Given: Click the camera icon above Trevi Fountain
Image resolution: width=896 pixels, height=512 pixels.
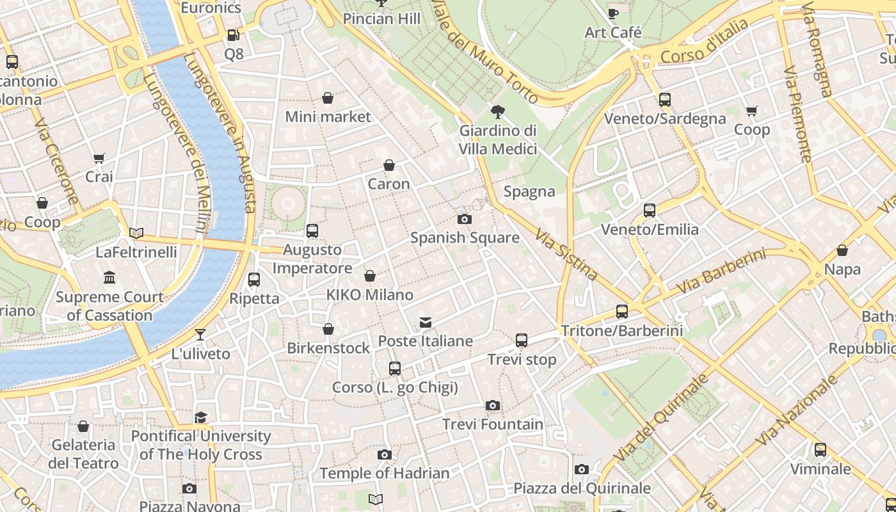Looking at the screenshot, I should point(492,405).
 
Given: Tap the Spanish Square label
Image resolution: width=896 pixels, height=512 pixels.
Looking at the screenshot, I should point(465,238).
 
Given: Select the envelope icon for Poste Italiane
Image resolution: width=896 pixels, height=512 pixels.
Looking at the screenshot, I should point(426,323).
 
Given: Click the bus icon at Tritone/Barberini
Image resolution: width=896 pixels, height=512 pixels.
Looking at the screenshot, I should point(622,312).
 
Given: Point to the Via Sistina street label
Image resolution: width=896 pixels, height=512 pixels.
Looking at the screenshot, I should point(566,254).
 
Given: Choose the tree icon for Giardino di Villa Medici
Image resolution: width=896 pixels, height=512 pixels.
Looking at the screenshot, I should point(497,112).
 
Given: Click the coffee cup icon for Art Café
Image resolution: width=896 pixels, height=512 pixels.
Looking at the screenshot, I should point(612,13).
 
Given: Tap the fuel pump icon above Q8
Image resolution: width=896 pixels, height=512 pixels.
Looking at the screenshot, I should point(234,35).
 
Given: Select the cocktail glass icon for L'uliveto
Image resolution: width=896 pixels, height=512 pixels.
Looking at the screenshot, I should point(200,335).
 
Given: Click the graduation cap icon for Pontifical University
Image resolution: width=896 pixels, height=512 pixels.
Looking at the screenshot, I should point(201,417).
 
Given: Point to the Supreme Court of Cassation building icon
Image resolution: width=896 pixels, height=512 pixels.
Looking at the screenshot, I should point(109,278).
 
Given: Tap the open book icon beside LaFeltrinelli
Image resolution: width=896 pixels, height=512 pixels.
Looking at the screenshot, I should point(136,233).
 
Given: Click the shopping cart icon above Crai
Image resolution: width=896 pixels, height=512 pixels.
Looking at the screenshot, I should point(99,158).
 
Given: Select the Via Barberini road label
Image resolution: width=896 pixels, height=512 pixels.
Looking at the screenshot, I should point(720,272).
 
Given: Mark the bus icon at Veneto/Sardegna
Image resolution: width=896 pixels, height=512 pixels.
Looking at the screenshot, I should point(665,100).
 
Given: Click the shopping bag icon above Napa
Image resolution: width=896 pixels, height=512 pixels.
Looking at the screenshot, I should point(842,250).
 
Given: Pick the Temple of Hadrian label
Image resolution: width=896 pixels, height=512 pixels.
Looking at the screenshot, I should point(384,474).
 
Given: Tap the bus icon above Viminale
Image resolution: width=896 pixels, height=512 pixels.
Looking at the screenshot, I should point(820,450).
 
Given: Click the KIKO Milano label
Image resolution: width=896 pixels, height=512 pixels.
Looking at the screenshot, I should point(370,295).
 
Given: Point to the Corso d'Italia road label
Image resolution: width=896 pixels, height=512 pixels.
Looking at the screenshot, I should point(704,42).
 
